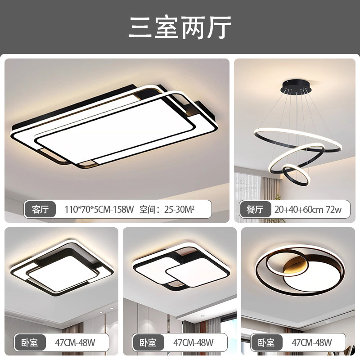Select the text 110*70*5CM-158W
(x=99, y=209)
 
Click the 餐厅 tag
(x=255, y=209)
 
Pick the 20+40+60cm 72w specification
(x=308, y=209)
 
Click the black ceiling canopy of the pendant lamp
(x=296, y=86)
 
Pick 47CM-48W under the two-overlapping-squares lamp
(x=193, y=342)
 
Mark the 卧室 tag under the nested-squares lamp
(x=29, y=342)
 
